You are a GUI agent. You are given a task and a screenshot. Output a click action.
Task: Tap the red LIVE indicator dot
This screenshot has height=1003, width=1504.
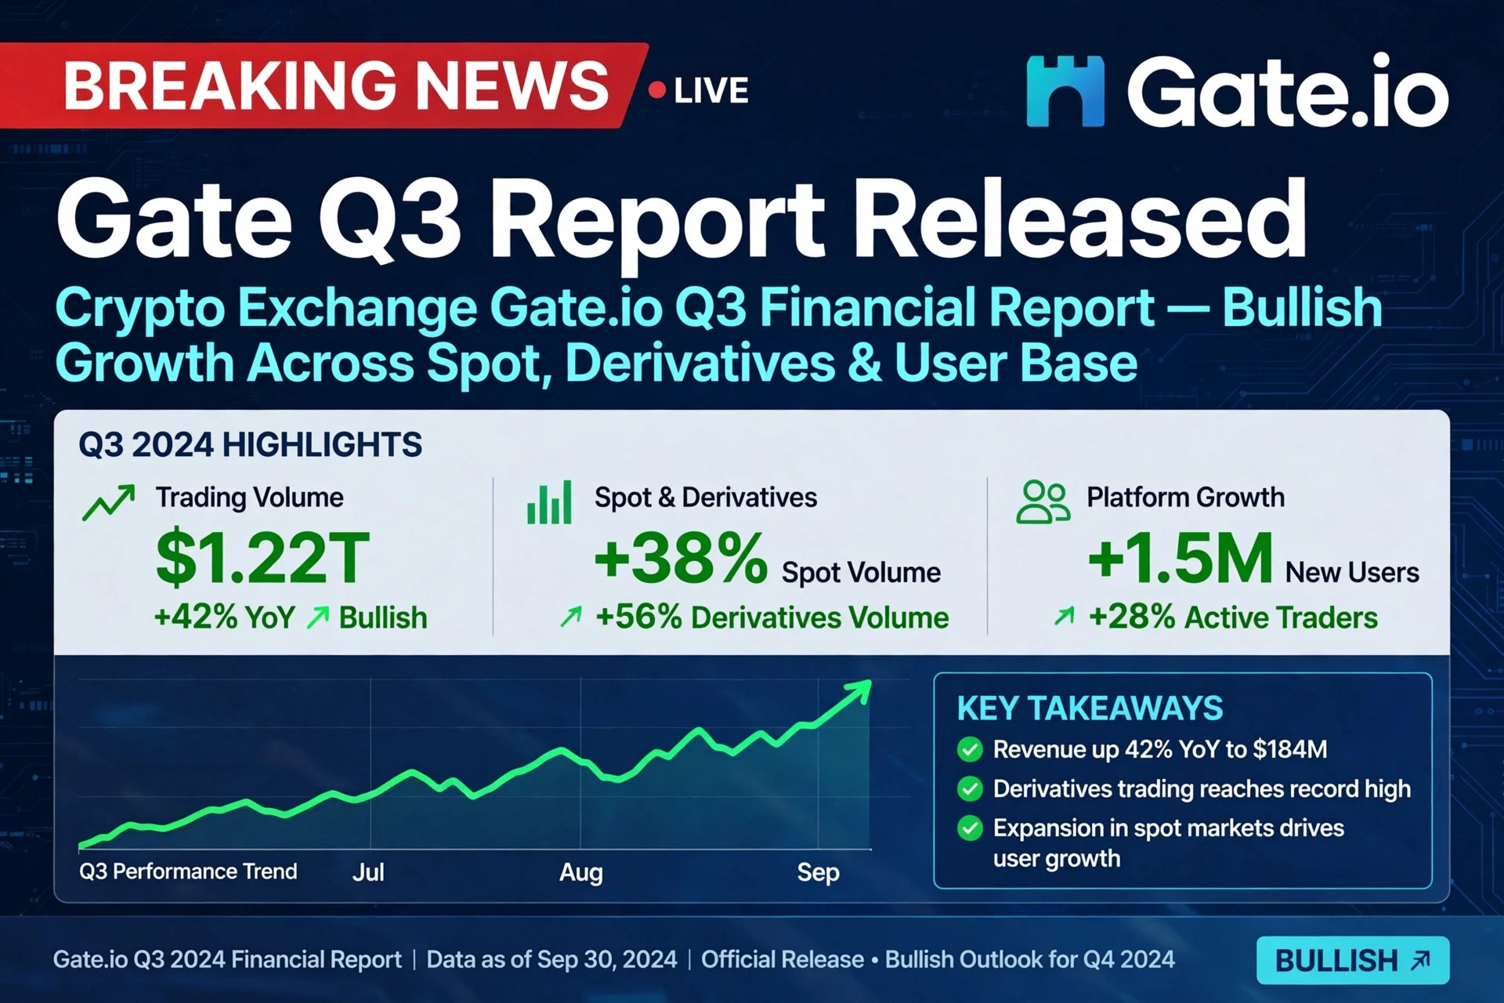click(x=657, y=90)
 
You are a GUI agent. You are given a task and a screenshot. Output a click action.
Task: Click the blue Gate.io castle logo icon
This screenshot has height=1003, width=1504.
click(x=1065, y=91)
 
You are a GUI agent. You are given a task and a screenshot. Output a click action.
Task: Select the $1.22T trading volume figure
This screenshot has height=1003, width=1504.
click(x=262, y=558)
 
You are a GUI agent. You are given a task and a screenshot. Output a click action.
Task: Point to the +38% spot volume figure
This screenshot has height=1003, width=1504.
click(x=681, y=558)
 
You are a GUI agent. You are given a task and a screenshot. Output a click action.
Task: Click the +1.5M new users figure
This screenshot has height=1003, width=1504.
click(x=1180, y=558)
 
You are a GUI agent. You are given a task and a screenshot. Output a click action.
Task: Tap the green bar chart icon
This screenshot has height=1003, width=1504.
click(x=549, y=502)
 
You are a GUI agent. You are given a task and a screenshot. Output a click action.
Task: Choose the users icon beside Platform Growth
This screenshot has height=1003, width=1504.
click(x=1043, y=501)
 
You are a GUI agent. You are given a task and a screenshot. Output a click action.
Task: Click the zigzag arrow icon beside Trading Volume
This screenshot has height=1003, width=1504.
click(x=109, y=502)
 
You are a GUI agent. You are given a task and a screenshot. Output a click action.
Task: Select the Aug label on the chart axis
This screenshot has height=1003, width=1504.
click(x=581, y=873)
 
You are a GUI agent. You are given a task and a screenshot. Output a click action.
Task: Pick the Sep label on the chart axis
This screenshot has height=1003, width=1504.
click(x=818, y=873)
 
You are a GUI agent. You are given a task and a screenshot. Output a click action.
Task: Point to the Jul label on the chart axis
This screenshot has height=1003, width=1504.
click(x=368, y=872)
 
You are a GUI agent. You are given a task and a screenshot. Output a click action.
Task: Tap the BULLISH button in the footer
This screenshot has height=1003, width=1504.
click(x=1353, y=960)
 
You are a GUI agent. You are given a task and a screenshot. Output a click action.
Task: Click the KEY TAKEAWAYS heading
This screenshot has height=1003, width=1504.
click(x=1090, y=708)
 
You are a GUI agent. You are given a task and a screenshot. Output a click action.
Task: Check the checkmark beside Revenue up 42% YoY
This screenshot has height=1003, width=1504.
click(x=970, y=750)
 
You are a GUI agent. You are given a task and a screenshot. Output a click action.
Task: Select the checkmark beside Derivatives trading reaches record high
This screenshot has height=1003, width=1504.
click(x=970, y=788)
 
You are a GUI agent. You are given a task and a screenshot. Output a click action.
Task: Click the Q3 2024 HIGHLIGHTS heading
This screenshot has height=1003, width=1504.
click(x=250, y=445)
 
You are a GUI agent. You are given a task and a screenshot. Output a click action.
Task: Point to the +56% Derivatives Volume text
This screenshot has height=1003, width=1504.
click(x=772, y=617)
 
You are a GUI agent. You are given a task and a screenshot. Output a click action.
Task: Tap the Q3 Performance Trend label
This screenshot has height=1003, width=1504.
click(x=188, y=871)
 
